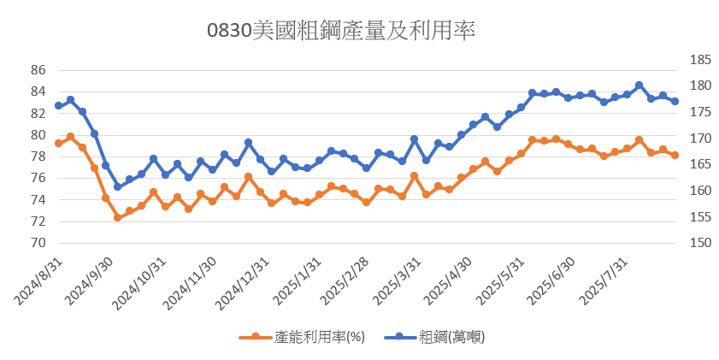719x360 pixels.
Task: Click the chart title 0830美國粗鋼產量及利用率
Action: click(x=341, y=31)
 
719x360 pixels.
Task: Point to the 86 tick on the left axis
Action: click(x=37, y=70)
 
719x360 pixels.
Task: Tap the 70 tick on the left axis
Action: click(x=37, y=243)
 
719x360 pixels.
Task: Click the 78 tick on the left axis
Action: click(x=37, y=156)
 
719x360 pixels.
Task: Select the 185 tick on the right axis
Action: click(x=699, y=60)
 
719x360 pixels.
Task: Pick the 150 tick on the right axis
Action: click(x=699, y=243)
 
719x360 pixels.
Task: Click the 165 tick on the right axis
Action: click(x=699, y=164)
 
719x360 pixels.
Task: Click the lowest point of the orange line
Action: click(x=117, y=218)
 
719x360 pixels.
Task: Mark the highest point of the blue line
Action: click(x=639, y=86)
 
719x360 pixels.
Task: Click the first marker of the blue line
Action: click(x=58, y=106)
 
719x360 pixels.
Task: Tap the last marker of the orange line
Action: click(x=675, y=155)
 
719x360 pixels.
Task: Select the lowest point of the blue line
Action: click(x=117, y=186)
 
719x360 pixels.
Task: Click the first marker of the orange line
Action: click(x=58, y=143)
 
